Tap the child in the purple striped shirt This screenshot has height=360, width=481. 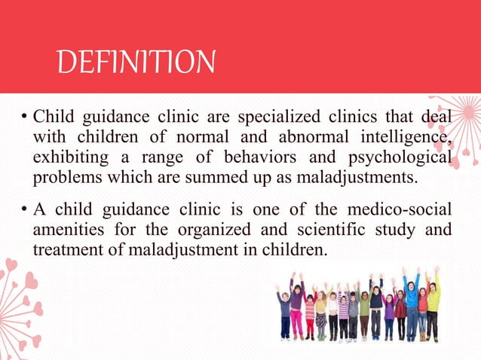[344, 309]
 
